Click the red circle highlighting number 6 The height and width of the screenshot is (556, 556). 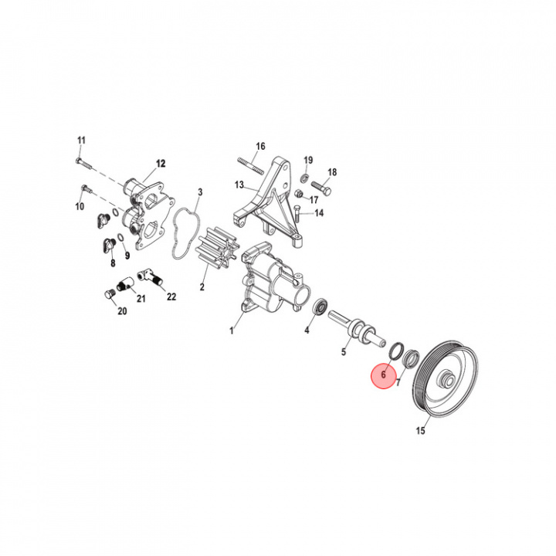coord(383,376)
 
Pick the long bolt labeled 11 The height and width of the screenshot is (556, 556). coord(83,164)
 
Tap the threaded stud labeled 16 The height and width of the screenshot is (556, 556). coord(251,166)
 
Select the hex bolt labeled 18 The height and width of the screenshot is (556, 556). coord(321,188)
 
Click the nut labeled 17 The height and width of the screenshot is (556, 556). coord(300,194)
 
